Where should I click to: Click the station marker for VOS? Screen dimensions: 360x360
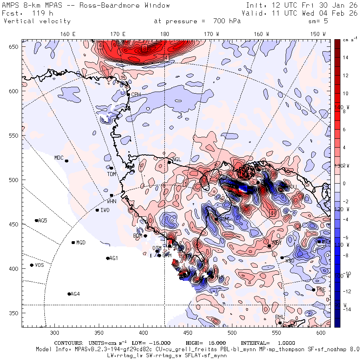tap(32, 265)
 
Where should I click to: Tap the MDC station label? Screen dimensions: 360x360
tap(59, 158)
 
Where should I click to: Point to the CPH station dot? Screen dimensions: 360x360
tap(128, 95)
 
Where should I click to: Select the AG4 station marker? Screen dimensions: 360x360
tap(69, 294)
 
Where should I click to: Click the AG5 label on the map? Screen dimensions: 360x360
tap(42, 220)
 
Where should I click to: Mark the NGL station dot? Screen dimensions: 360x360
tap(169, 162)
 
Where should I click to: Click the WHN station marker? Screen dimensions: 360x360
tap(112, 195)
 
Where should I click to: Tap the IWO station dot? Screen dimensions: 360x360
tap(97, 210)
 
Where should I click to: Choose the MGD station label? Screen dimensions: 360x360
tap(81, 242)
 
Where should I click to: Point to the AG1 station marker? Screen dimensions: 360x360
tap(108, 258)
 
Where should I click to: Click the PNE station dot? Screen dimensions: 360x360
tap(314, 290)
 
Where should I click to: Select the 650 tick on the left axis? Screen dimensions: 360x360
tap(14, 47)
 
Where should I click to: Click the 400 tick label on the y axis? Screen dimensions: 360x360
tap(14, 268)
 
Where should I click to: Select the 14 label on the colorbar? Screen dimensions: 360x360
tap(346, 58)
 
